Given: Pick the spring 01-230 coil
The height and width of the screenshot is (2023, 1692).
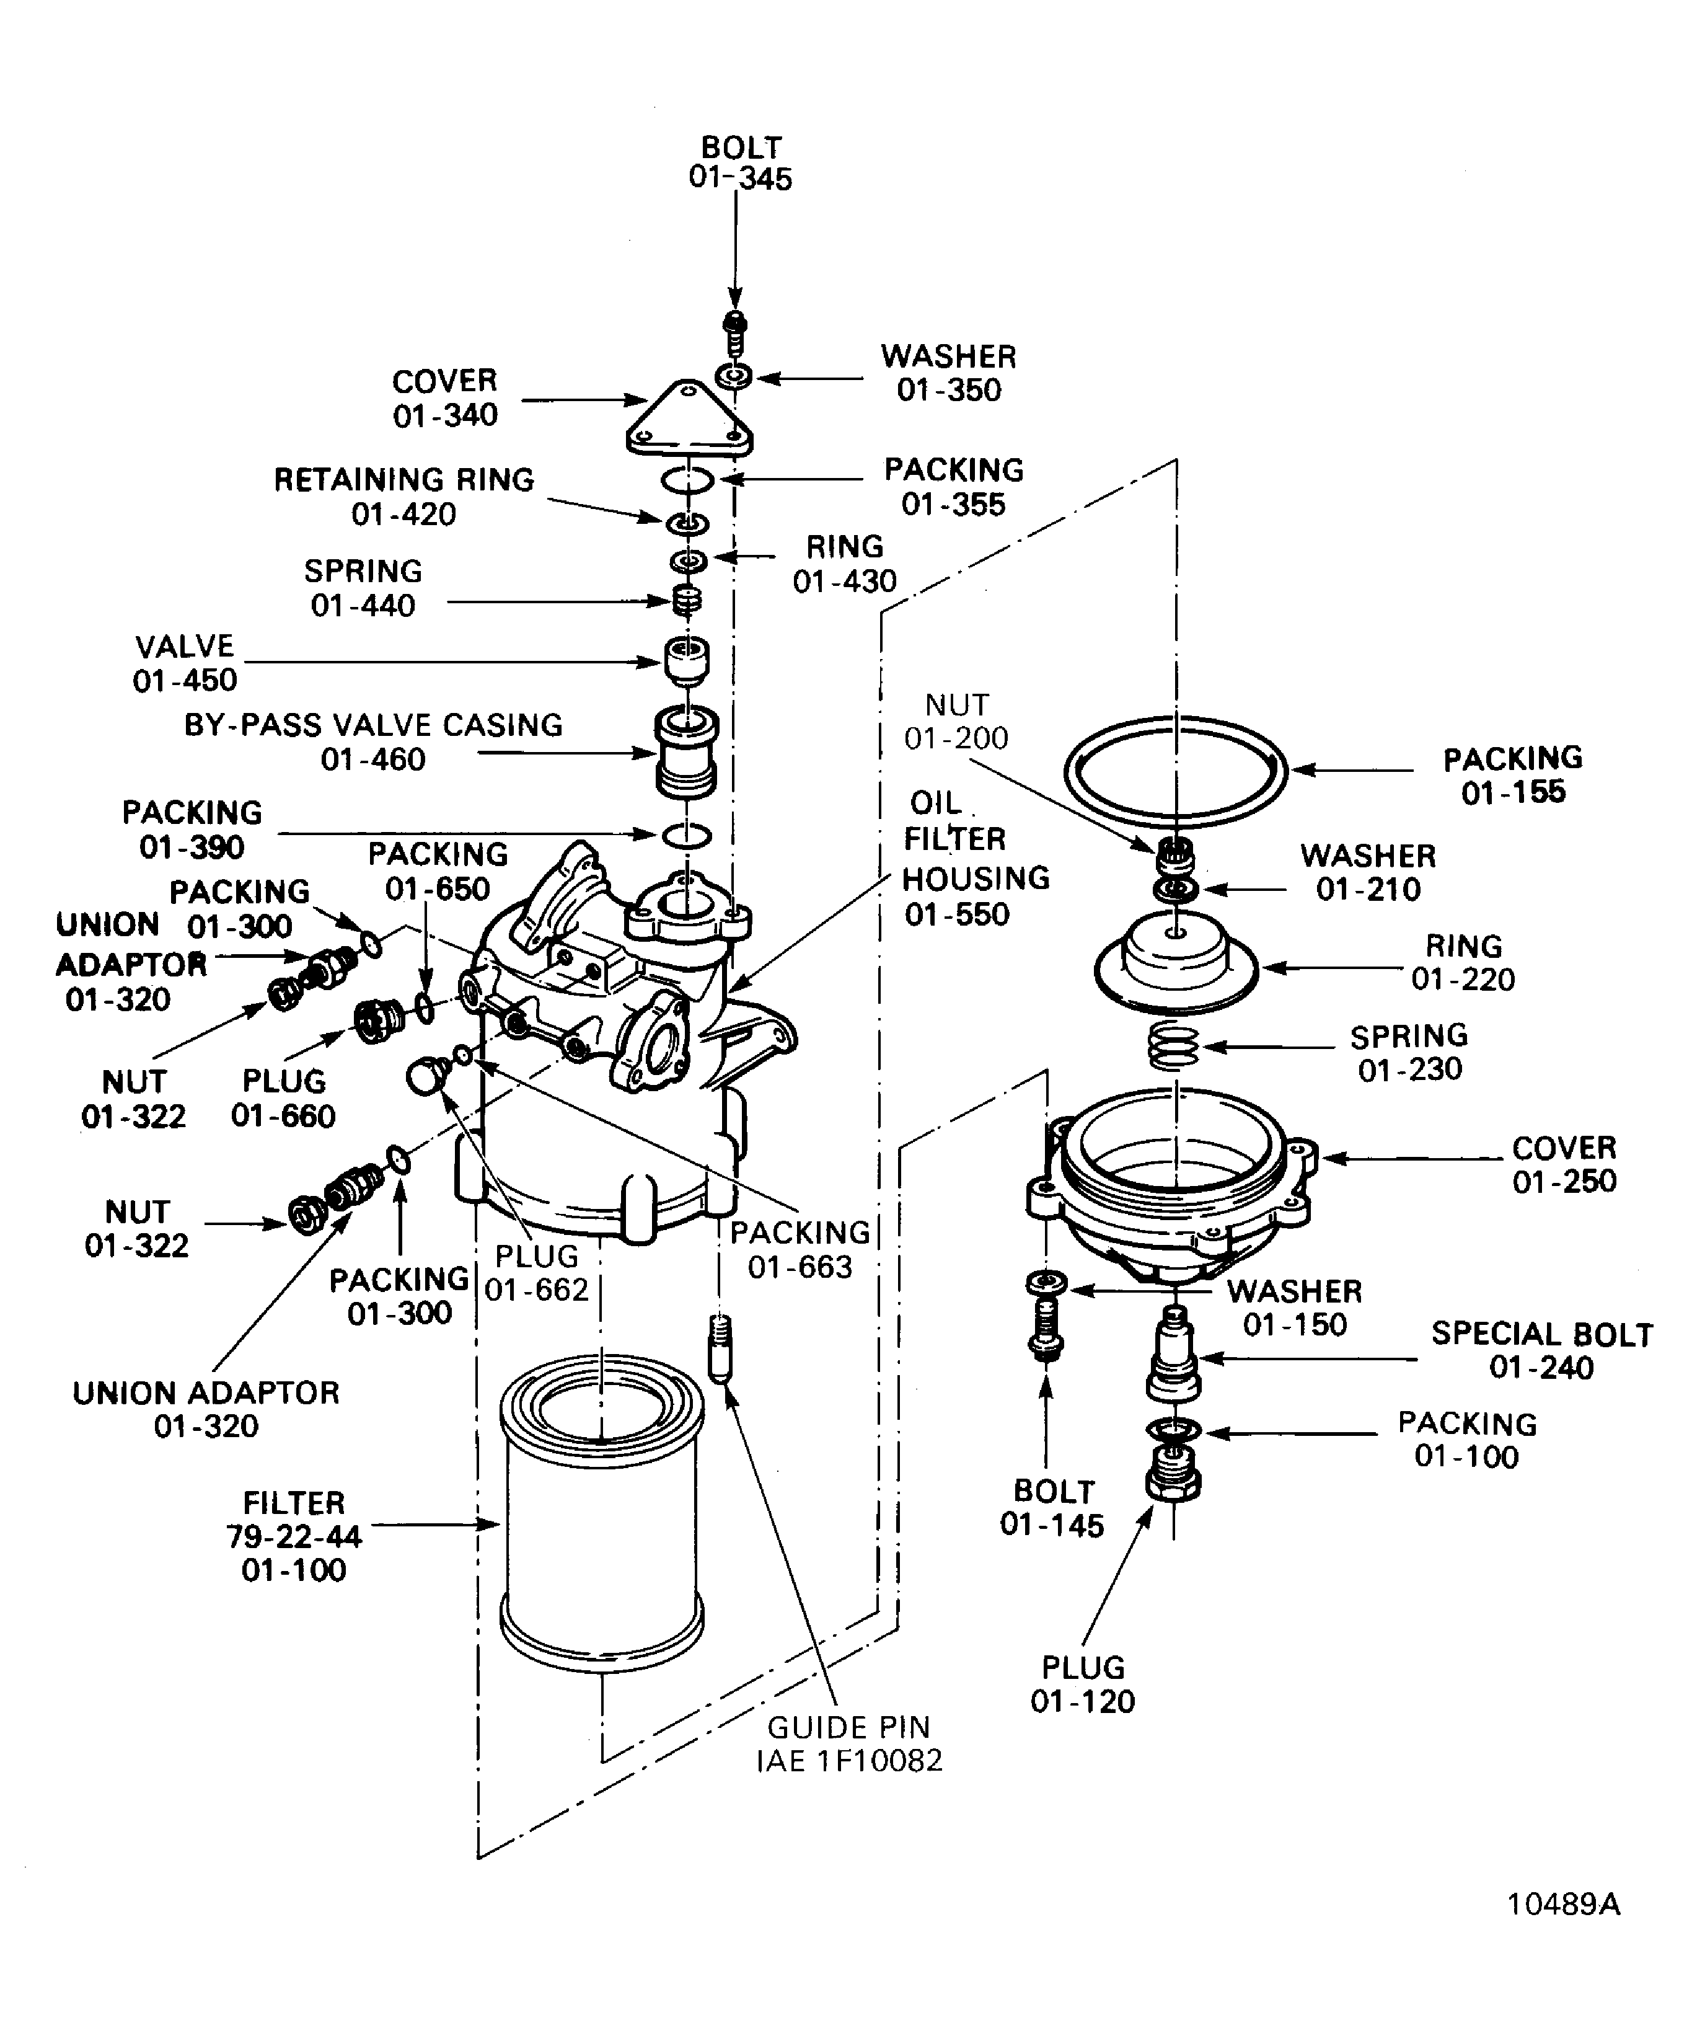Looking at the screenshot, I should tap(1174, 1046).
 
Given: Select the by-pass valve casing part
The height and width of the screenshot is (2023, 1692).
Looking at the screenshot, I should tap(685, 753).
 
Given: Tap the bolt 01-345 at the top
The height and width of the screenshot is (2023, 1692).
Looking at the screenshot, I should tap(735, 332).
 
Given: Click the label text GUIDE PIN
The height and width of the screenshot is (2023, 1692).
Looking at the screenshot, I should tap(848, 1727).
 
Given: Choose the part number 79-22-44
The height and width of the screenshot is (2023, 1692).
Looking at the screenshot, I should tap(294, 1536).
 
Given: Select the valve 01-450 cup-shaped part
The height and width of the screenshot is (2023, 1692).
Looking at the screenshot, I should tap(685, 660).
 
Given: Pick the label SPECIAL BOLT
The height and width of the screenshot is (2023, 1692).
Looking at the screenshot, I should tap(1541, 1334).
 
